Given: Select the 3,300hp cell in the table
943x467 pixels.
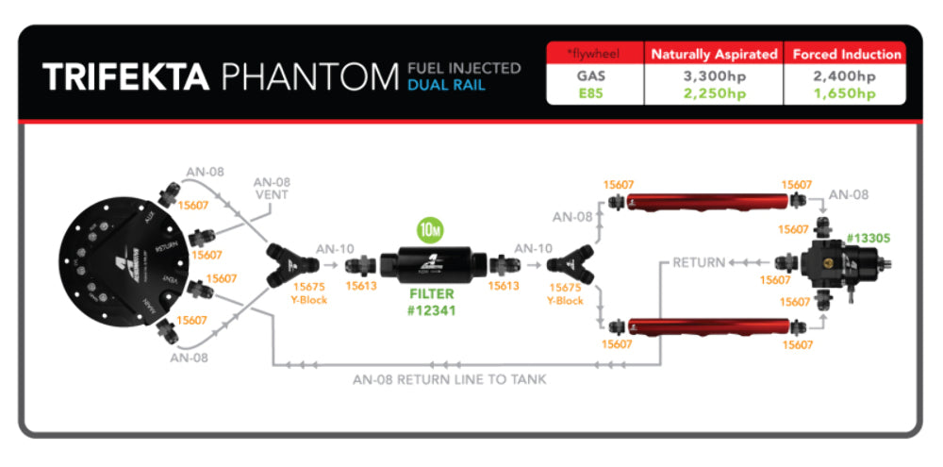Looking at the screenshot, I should (x=713, y=76).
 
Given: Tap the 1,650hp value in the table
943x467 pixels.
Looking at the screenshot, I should (x=846, y=93).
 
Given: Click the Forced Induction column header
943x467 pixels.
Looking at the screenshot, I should (x=846, y=55).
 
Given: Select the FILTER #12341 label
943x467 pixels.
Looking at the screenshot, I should (x=432, y=301).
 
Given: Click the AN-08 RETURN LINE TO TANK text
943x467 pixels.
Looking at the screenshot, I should (x=449, y=379).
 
